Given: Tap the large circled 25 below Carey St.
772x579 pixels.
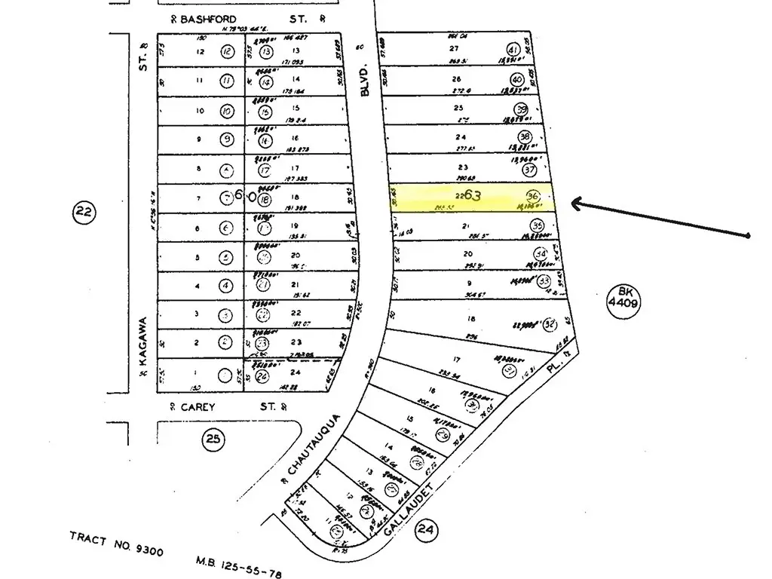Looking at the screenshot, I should (214, 437).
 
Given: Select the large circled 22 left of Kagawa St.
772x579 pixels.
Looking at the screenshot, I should (84, 213).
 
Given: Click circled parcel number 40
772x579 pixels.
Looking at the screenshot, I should (517, 80).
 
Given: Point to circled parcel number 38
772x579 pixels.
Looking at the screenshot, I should (525, 137).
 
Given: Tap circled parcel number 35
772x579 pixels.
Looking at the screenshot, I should (537, 225).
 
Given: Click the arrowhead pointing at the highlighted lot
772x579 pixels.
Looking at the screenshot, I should (574, 202).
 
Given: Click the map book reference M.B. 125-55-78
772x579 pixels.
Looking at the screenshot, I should (239, 566).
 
